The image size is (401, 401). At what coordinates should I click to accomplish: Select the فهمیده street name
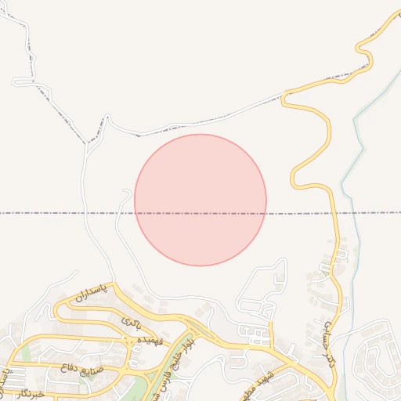coord(149,341)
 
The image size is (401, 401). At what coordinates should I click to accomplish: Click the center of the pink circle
coord(200,200)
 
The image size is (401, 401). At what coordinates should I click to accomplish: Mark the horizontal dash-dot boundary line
coord(63,213)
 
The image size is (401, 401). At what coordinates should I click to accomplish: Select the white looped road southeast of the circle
coord(262,294)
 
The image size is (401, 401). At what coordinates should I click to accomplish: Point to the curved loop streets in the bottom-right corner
coord(376,360)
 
